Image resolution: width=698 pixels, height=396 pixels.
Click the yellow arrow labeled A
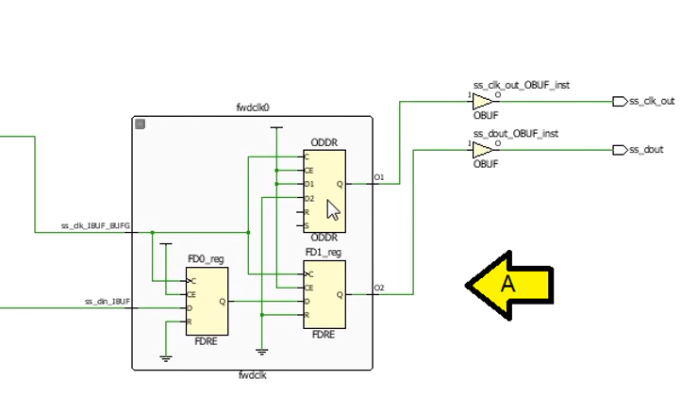[x=509, y=283]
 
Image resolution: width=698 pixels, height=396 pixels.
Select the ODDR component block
[x=324, y=190]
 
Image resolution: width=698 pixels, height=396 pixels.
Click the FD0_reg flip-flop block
[x=206, y=301]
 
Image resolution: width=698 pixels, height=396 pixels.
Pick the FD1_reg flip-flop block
[x=324, y=293]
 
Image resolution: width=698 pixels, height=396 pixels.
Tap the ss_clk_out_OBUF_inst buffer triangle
[x=482, y=101]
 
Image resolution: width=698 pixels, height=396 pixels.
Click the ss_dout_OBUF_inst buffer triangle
[x=482, y=150]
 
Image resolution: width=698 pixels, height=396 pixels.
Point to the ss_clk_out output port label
[x=652, y=101]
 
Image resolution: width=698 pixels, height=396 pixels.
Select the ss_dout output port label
[x=646, y=150]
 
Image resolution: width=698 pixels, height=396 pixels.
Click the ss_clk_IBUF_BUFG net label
[x=95, y=226]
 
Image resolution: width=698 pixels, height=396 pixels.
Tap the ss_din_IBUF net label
[x=108, y=302]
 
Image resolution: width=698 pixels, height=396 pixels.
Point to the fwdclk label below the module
[x=252, y=375]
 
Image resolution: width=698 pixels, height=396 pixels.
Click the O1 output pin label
[x=379, y=177]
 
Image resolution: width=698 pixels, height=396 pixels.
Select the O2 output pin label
[x=379, y=288]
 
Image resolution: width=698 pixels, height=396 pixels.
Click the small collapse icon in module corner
[x=141, y=124]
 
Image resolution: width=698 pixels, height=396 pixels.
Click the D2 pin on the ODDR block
[x=308, y=199]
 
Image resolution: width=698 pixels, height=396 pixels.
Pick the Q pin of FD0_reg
[x=221, y=302]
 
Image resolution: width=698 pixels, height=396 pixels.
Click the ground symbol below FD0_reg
[x=166, y=358]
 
